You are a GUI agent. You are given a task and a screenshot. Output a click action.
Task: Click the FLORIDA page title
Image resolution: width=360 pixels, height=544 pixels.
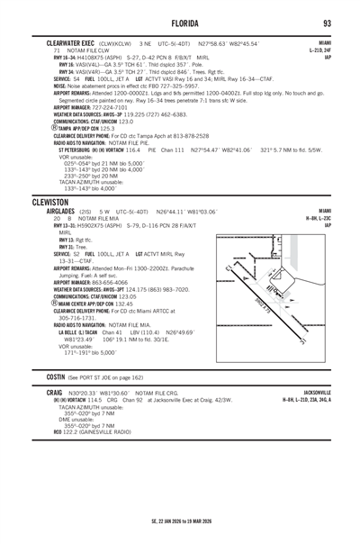(179, 23)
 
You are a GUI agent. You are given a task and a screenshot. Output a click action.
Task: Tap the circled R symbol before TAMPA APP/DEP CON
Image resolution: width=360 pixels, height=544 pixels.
(55, 129)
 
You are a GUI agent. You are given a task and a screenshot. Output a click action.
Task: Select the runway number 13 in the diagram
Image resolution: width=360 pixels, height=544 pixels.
(233, 267)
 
